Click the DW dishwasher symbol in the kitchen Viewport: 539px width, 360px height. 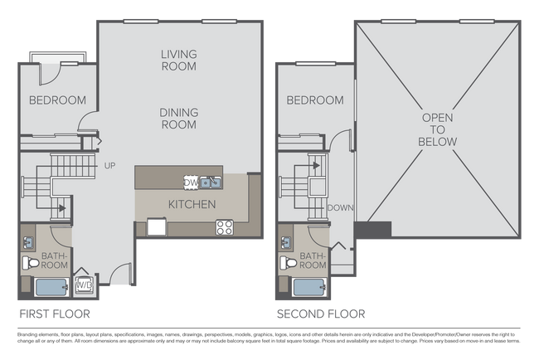[191, 182]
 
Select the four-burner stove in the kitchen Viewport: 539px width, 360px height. [225, 226]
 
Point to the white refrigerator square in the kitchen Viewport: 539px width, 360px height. [155, 226]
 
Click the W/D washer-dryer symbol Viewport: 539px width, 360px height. [85, 285]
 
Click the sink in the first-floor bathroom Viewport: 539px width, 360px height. [27, 242]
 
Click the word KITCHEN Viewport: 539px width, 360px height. [192, 204]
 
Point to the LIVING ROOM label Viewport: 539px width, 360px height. [179, 61]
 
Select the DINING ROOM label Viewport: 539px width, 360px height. [179, 118]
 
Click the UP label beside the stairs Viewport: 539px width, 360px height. [109, 166]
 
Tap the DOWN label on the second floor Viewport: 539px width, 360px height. [341, 207]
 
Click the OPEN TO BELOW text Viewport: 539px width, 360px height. [439, 130]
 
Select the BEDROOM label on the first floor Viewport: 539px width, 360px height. [57, 100]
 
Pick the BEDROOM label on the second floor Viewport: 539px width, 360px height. [315, 100]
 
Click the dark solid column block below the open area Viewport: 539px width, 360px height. [372, 229]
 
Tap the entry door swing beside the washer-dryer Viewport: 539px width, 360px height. [120, 274]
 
